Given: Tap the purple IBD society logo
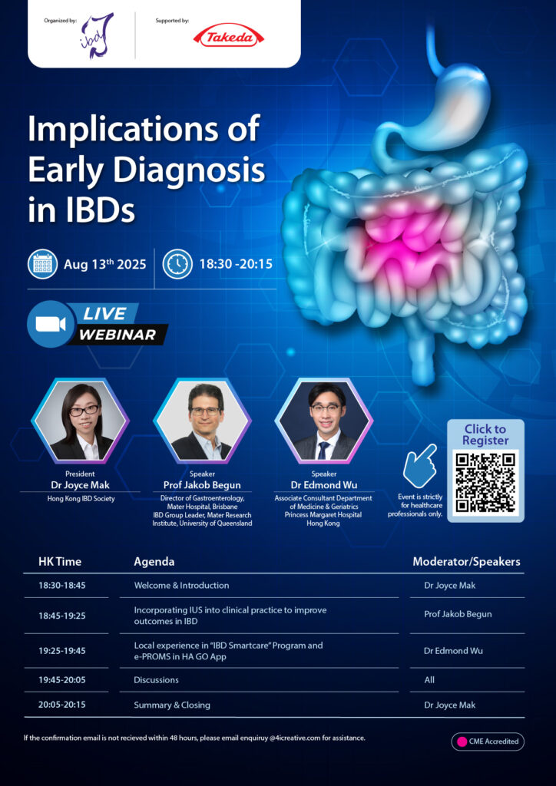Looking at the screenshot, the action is pos(98,36).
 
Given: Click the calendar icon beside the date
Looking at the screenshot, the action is pos(42,264).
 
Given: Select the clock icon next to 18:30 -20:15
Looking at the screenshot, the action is pos(177,264).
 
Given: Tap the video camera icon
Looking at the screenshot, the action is pos(51,324).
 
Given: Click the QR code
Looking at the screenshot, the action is pos(485,482).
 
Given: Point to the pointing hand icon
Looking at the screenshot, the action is pos(419,465).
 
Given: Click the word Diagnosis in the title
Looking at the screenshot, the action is pos(189,171).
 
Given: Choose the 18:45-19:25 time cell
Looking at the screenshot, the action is pos(62,615).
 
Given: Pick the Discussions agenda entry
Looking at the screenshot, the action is pos(156,680).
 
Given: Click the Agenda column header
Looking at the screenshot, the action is pos(154,562).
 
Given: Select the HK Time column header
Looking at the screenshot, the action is pos(60,561).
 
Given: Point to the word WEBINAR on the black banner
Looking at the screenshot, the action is pos(117,335).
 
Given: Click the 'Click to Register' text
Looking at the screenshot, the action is pos(485,434).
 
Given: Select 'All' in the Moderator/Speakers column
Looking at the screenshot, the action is pos(429,680).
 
